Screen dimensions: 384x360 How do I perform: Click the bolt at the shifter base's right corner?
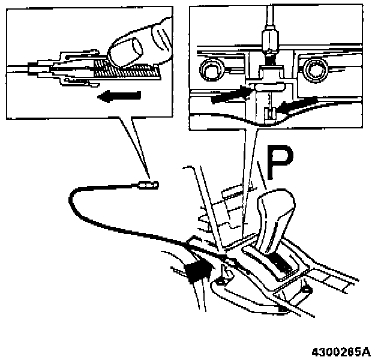tap(307, 292)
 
